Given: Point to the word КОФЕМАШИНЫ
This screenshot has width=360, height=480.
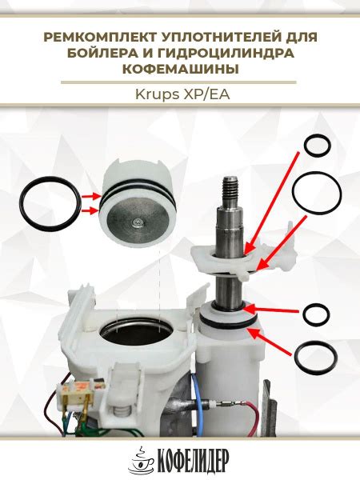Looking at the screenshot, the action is [x=181, y=69].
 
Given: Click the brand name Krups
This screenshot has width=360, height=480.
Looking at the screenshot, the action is [x=157, y=95].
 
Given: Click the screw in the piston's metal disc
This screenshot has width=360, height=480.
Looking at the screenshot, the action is [x=135, y=224].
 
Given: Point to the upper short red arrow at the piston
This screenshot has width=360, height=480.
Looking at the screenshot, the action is [x=91, y=196].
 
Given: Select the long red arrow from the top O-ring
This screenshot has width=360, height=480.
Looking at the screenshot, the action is [x=272, y=202].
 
